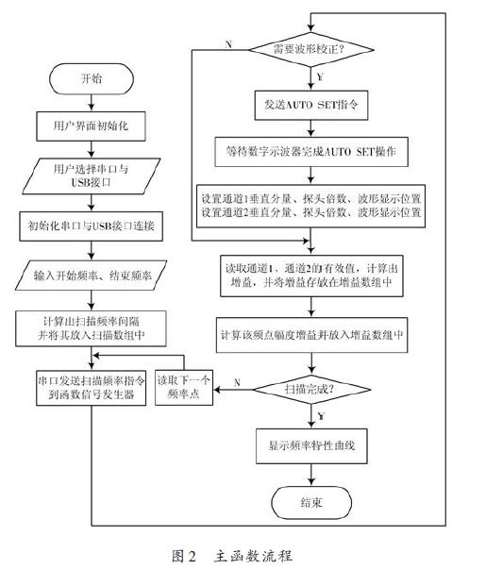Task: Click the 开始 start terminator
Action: [92, 78]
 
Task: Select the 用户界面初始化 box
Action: [91, 126]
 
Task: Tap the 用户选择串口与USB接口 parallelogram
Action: [92, 176]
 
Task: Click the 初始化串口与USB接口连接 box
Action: [92, 226]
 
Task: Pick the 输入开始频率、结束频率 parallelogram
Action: [92, 276]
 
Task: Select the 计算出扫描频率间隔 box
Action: [91, 328]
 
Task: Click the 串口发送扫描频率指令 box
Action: [92, 388]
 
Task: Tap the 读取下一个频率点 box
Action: [184, 387]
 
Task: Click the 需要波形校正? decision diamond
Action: [311, 49]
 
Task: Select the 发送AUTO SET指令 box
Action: [311, 106]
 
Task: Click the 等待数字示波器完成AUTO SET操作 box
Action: [311, 152]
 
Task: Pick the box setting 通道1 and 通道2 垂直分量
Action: [310, 206]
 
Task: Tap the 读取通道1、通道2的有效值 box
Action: [311, 276]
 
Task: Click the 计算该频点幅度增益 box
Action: [311, 335]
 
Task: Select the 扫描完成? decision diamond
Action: [311, 390]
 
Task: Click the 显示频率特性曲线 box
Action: [311, 446]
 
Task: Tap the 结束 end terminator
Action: [311, 503]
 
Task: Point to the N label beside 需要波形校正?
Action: [228, 44]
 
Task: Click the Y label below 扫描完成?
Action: [321, 416]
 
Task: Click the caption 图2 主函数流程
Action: [232, 556]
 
